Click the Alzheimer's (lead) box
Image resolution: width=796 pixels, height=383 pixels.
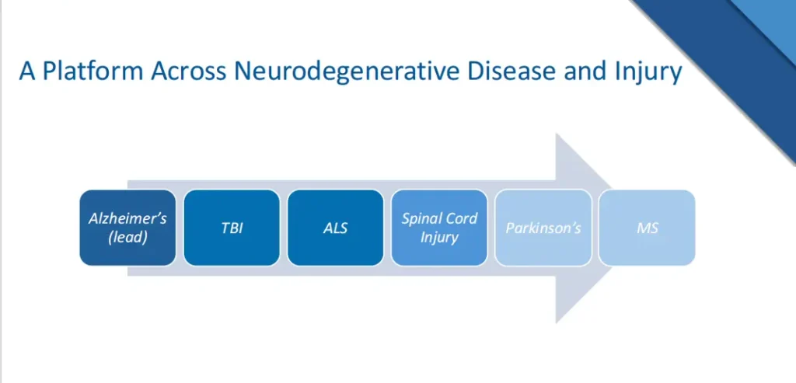(127, 228)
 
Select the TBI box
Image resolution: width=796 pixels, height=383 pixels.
(232, 228)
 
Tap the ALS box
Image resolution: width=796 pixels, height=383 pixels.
(335, 228)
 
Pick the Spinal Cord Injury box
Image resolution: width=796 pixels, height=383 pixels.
(439, 228)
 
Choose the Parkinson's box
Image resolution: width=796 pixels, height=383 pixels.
(543, 228)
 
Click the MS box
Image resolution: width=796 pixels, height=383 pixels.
(647, 228)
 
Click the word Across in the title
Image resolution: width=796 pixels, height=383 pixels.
(178, 71)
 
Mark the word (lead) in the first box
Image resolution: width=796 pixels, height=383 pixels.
(127, 237)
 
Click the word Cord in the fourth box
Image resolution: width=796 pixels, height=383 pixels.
(461, 218)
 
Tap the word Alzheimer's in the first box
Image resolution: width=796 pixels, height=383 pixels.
(127, 218)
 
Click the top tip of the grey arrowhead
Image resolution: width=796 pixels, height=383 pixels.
(557, 134)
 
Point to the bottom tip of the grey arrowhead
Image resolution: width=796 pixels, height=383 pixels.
(557, 322)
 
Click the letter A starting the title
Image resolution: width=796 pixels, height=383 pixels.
(28, 71)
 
